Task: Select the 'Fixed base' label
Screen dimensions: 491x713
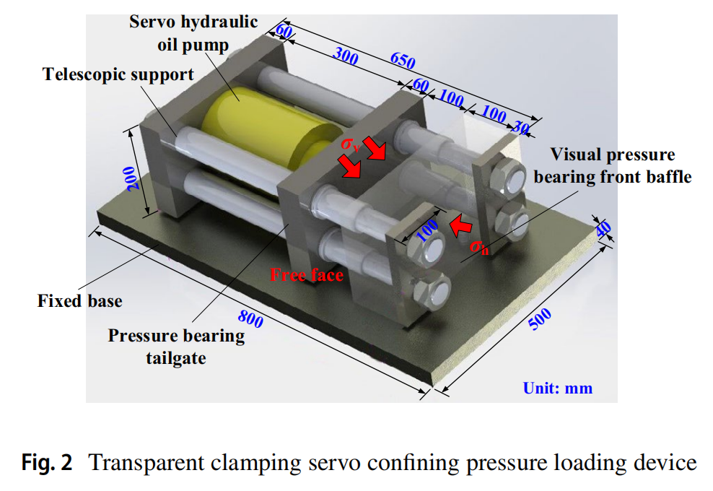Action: pyautogui.click(x=79, y=300)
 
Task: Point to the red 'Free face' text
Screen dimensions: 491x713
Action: pyautogui.click(x=307, y=274)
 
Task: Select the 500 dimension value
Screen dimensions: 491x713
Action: pyautogui.click(x=540, y=318)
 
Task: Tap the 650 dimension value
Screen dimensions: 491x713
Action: pyautogui.click(x=403, y=61)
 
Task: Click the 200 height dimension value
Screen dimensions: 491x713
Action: pyautogui.click(x=133, y=178)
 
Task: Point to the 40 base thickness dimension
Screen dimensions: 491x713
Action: pyautogui.click(x=604, y=229)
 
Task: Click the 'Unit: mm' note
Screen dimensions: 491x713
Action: pyautogui.click(x=558, y=388)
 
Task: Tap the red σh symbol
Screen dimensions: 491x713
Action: pyautogui.click(x=478, y=247)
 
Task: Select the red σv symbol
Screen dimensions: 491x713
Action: pyautogui.click(x=351, y=144)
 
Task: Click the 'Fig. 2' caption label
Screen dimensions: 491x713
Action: pyautogui.click(x=46, y=462)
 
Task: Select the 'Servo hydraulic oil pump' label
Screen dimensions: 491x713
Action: pyautogui.click(x=193, y=33)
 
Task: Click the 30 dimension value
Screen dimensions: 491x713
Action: pyautogui.click(x=521, y=128)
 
